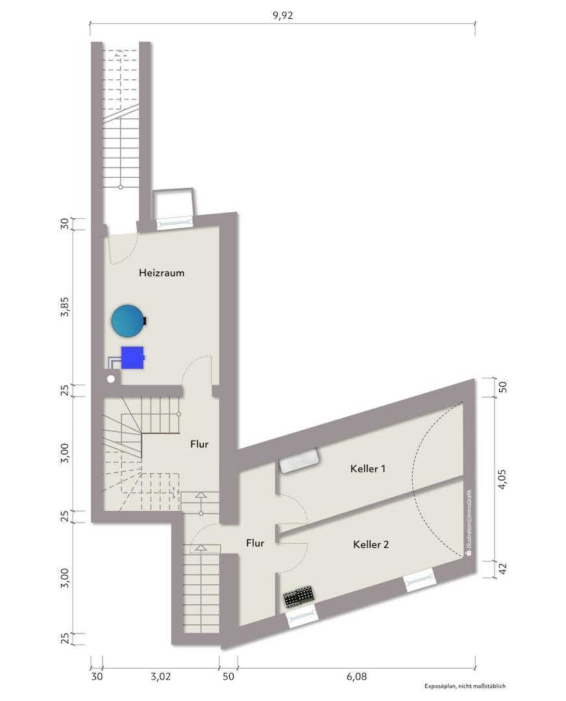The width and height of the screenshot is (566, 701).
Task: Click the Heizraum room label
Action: click(x=162, y=273)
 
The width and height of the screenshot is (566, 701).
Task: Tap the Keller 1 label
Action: click(x=368, y=469)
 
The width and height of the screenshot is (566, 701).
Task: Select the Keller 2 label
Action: click(x=371, y=545)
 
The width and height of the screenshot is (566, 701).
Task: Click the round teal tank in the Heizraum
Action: click(x=127, y=320)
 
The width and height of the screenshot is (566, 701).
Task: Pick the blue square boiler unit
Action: click(x=132, y=357)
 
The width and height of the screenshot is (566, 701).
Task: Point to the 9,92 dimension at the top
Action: click(x=282, y=16)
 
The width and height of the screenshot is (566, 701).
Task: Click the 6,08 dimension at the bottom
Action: click(x=356, y=676)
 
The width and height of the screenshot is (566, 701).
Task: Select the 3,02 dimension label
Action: click(x=160, y=676)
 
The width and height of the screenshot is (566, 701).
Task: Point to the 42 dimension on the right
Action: click(x=502, y=569)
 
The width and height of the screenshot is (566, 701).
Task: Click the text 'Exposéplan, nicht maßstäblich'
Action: click(x=465, y=686)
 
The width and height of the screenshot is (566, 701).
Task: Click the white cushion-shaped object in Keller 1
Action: click(x=299, y=461)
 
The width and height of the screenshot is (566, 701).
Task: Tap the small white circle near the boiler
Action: click(x=111, y=378)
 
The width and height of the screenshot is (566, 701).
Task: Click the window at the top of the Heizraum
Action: click(x=175, y=221)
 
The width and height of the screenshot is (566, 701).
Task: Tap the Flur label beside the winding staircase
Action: click(x=199, y=445)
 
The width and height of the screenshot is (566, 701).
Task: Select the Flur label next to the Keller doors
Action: click(x=255, y=543)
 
